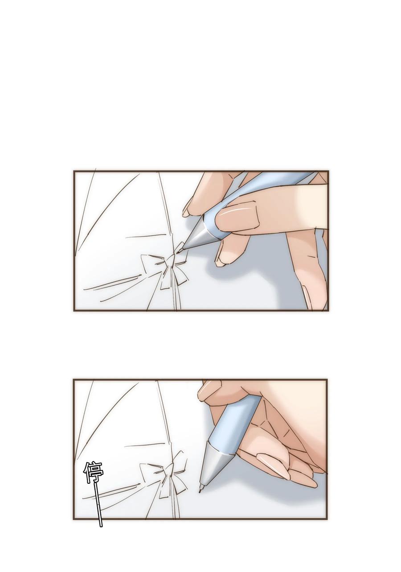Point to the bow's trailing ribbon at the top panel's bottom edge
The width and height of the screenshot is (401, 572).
coord(176,299)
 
